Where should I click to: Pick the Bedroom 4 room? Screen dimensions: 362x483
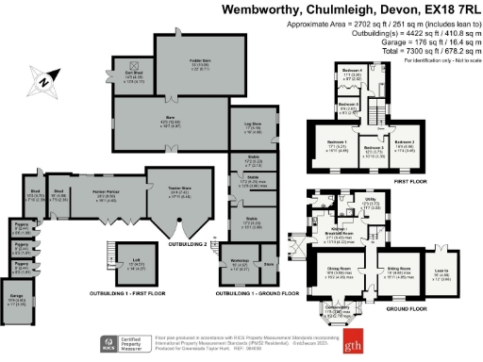click(352, 74)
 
